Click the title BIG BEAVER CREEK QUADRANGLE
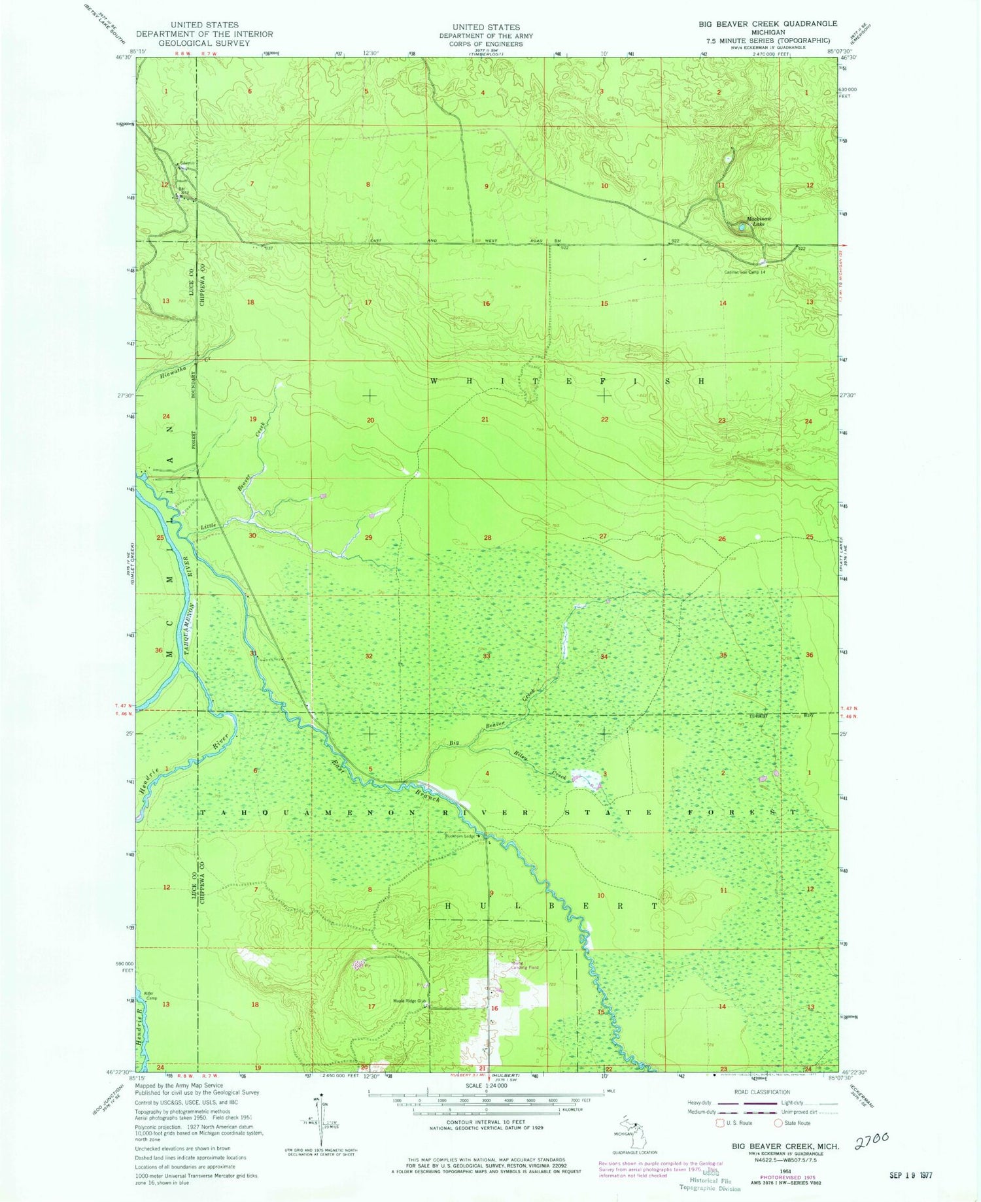[758, 24]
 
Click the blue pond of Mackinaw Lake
[741, 227]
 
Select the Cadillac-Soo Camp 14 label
[744, 272]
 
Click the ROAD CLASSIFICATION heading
[761, 1092]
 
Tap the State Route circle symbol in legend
[778, 1123]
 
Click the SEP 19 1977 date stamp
[911, 1175]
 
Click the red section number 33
[486, 656]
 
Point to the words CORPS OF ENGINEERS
[486, 44]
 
